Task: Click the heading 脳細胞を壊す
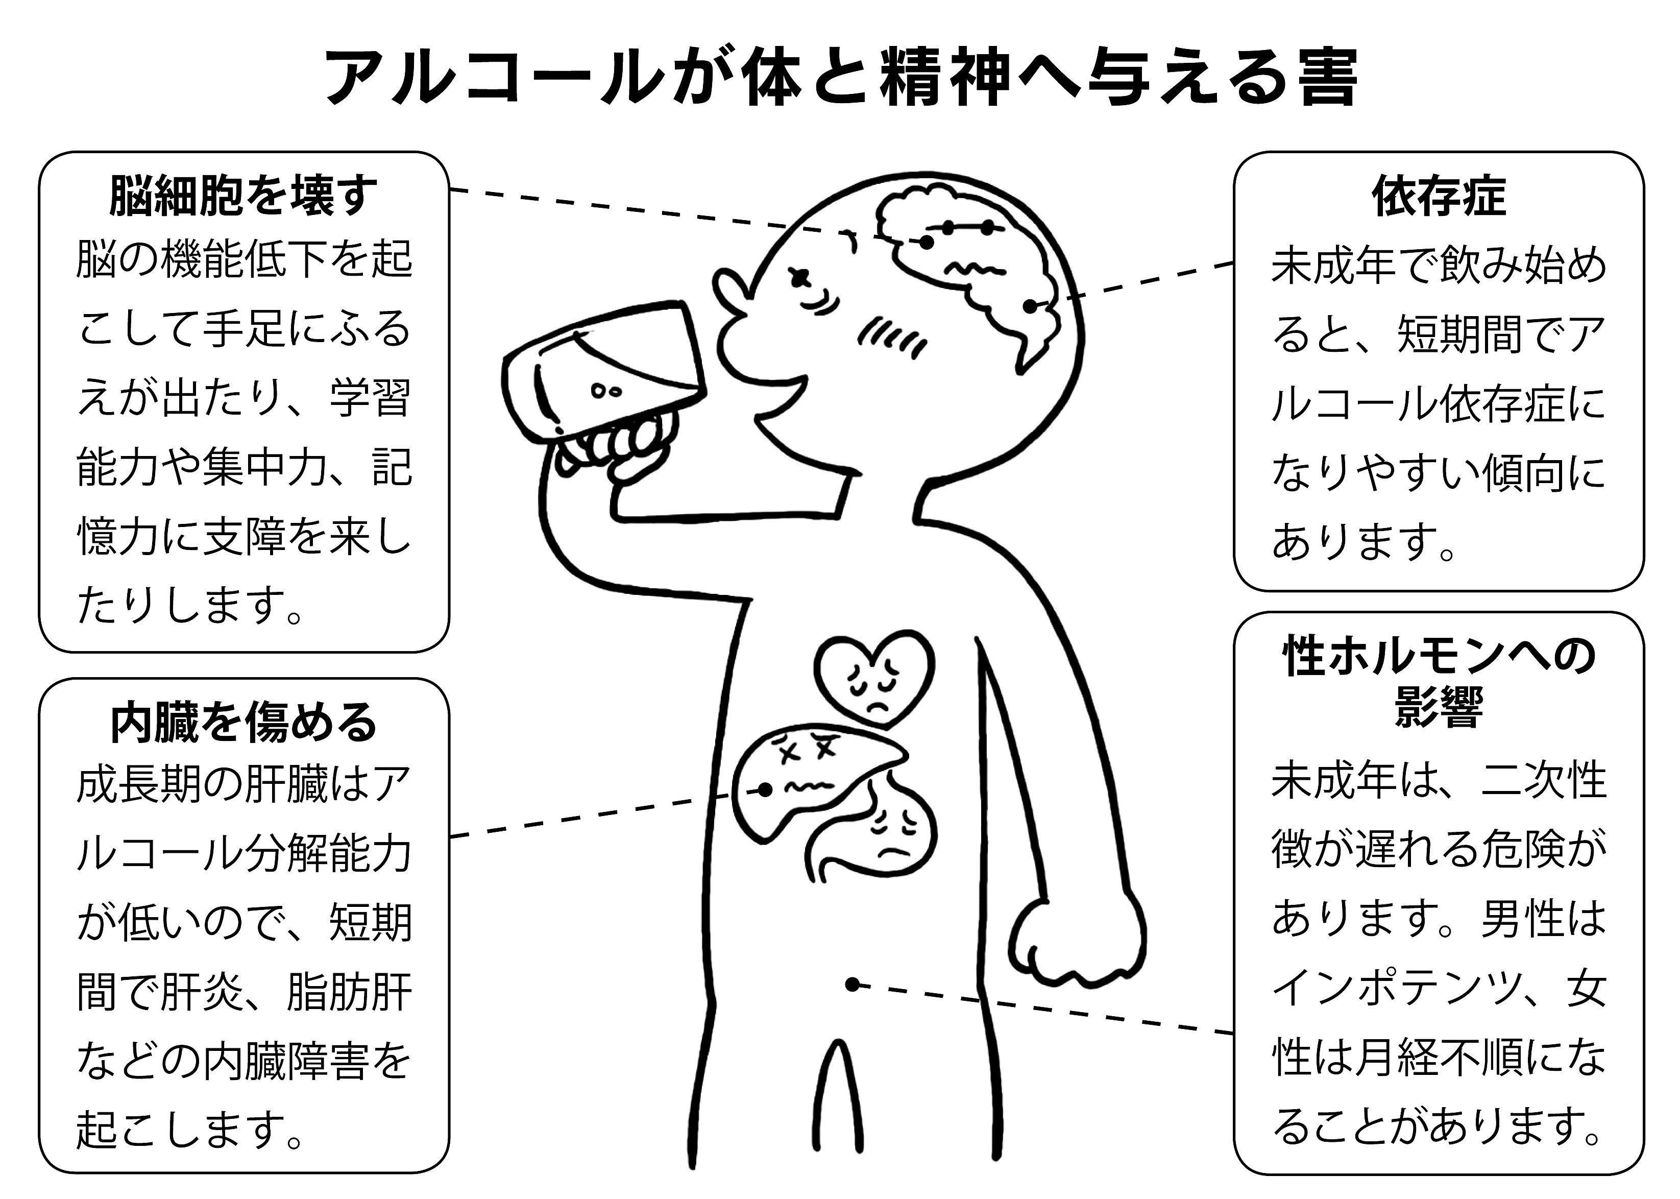tap(244, 196)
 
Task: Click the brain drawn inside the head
tap(975, 266)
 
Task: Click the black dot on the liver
tap(765, 790)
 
